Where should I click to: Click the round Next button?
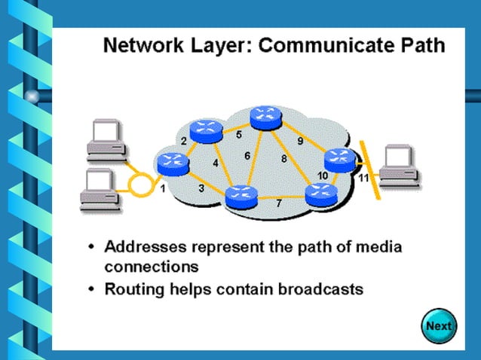[x=438, y=326]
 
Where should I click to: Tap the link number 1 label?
[x=162, y=188]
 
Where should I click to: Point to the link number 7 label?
[x=278, y=204]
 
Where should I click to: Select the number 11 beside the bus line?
[x=363, y=178]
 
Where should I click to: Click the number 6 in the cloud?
[x=247, y=156]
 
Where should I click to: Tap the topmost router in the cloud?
[x=265, y=116]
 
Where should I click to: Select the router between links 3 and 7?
[x=241, y=195]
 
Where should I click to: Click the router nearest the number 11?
[x=338, y=160]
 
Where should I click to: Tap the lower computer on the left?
[x=101, y=188]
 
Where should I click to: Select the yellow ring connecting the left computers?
[x=138, y=183]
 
